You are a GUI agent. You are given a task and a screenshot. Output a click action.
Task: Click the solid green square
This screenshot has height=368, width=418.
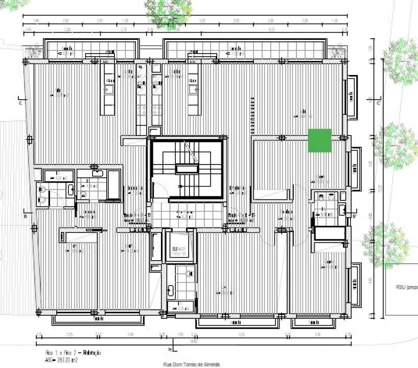[x=319, y=141]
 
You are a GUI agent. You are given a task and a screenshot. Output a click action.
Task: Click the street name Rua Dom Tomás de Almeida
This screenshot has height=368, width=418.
[x=192, y=364]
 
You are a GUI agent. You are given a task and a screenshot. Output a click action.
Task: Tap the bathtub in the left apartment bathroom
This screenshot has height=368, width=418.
[x=114, y=184]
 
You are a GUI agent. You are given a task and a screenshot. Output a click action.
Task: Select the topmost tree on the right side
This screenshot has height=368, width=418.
[x=401, y=61]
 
